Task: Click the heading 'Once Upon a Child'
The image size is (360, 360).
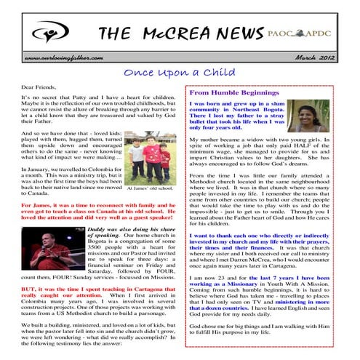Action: point(180,73)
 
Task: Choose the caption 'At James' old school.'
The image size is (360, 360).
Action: point(150,188)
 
